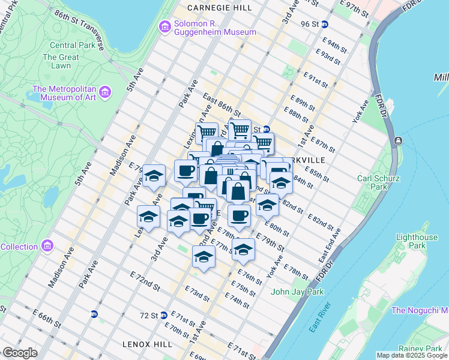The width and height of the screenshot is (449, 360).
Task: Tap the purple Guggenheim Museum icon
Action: [164, 27]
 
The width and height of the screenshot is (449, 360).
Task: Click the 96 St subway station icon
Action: [324, 24]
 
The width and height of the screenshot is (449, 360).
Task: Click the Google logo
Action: [20, 352]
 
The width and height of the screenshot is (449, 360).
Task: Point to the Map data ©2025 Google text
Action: [412, 355]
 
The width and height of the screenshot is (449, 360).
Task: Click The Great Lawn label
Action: [61, 61]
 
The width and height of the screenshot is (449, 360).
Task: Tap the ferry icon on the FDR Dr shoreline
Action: [397, 140]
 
